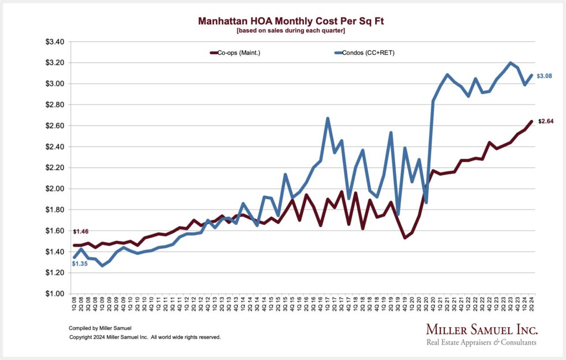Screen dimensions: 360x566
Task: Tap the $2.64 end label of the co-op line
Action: pos(546,121)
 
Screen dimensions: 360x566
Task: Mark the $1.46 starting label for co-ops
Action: pos(81,231)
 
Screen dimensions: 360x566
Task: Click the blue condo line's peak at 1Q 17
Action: pos(328,118)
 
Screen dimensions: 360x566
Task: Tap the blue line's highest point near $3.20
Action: pos(510,63)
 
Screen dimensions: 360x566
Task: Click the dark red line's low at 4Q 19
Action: pos(405,238)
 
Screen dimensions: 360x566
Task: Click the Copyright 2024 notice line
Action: pos(144,337)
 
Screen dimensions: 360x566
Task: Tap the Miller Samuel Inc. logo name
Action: pos(481,330)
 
